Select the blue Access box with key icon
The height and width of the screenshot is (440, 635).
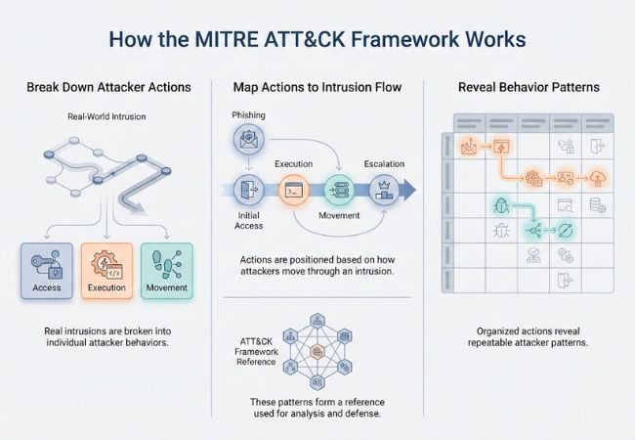[46, 268]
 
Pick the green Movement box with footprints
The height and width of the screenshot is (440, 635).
[165, 268]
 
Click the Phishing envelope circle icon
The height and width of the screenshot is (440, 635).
[249, 141]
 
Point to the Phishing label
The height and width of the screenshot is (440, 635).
[249, 114]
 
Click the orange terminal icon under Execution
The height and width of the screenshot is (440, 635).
[292, 190]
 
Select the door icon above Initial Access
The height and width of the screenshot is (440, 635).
[248, 189]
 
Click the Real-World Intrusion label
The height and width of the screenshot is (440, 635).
[106, 116]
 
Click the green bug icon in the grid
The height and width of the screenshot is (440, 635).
[499, 205]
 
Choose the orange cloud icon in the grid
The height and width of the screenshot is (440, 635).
[598, 177]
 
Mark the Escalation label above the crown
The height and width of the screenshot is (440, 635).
[384, 163]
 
